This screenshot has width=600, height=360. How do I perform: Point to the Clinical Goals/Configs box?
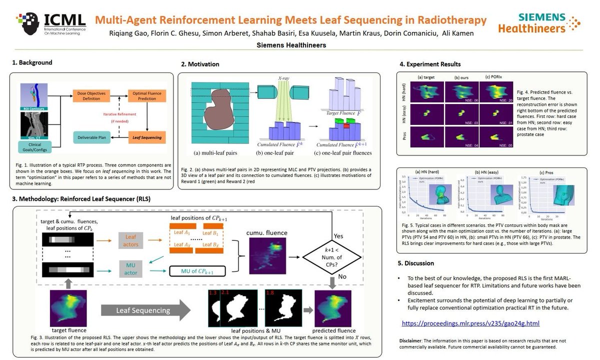pos(34,145)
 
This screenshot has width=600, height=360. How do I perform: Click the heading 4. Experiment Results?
pos(430,64)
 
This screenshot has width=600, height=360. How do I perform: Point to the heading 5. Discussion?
pos(416,263)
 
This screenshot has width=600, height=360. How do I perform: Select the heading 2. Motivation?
pos(200,64)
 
